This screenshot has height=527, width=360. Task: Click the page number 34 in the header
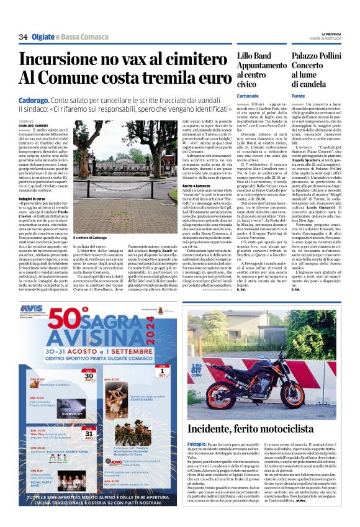(x=23, y=37)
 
